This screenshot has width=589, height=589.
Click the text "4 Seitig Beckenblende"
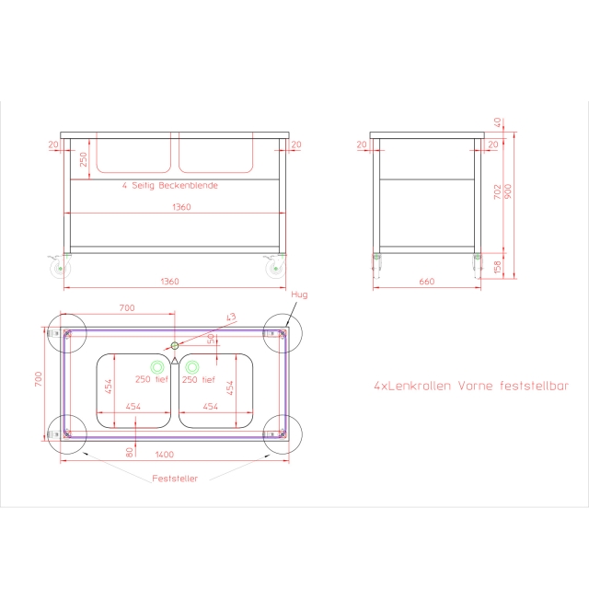click(x=169, y=186)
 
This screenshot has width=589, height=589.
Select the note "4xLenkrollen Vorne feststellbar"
click(x=471, y=386)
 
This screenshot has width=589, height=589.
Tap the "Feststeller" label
click(x=175, y=479)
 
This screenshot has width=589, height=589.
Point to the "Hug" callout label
click(x=299, y=294)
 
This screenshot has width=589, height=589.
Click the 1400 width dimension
click(x=165, y=455)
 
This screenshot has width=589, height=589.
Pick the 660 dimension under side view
click(x=427, y=282)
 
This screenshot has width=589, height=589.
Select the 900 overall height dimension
click(x=508, y=191)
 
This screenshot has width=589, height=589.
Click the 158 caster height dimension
click(x=497, y=267)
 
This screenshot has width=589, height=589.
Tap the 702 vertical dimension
click(x=498, y=191)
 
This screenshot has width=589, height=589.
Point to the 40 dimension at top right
click(x=497, y=122)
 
